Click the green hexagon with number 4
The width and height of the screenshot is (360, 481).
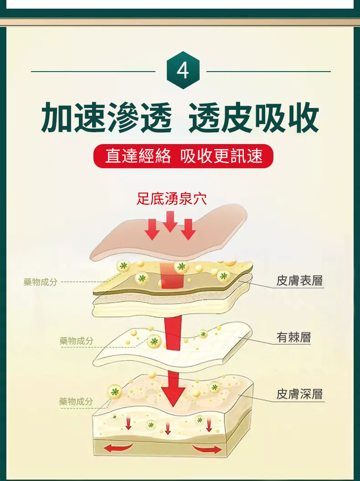pyautogui.click(x=183, y=70)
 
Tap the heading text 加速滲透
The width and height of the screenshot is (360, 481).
pyautogui.click(x=107, y=118)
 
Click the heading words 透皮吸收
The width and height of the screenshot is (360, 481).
pyautogui.click(x=254, y=118)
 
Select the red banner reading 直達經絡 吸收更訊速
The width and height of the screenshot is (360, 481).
pyautogui.click(x=183, y=156)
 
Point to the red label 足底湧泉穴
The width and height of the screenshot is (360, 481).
pyautogui.click(x=172, y=199)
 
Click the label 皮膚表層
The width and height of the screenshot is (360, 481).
pyautogui.click(x=299, y=281)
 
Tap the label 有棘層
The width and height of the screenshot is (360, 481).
pyautogui.click(x=293, y=337)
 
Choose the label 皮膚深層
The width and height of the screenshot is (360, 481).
pyautogui.click(x=299, y=394)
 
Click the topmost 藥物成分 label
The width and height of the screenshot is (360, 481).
pyautogui.click(x=41, y=282)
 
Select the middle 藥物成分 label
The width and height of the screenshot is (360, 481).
pyautogui.click(x=77, y=341)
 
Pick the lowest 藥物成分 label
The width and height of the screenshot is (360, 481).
pyautogui.click(x=76, y=401)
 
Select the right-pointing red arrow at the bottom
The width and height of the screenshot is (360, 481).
pyautogui.click(x=207, y=449)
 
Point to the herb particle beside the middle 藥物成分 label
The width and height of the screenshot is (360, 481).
pyautogui.click(x=154, y=341)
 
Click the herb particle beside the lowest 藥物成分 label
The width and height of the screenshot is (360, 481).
pyautogui.click(x=115, y=392)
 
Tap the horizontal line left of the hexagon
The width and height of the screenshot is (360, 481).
pyautogui.click(x=93, y=72)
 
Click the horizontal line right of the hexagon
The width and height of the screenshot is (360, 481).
pyautogui.click(x=268, y=72)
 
